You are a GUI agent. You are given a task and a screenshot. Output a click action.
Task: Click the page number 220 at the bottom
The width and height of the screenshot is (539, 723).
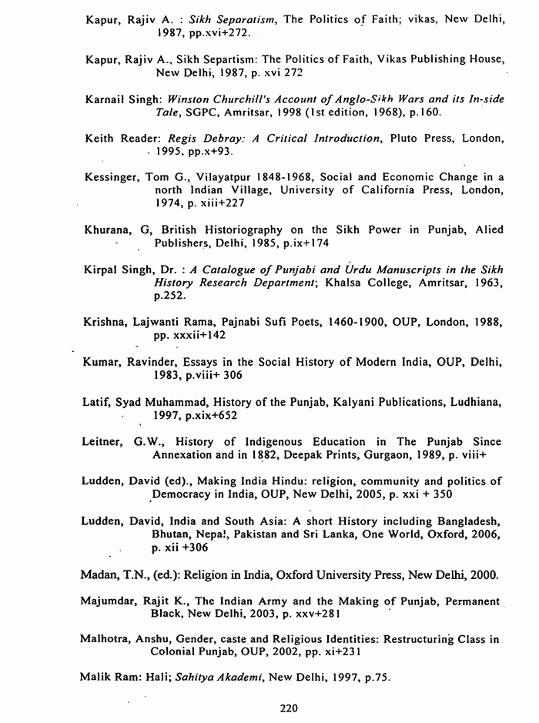click(x=289, y=708)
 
